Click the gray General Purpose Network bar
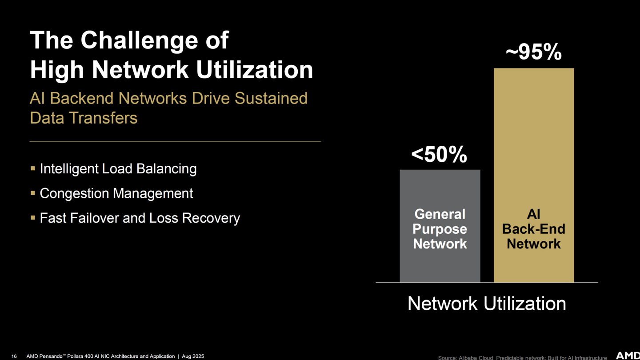pos(440,226)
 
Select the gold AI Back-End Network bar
pos(534,175)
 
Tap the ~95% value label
pos(533,52)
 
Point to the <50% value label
pos(439,155)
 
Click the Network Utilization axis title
pos(487,303)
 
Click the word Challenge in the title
pos(140,40)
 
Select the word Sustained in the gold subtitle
pos(271,98)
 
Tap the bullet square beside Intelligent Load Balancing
pos(33,168)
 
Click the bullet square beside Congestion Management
pos(33,193)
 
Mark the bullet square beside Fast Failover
pos(33,218)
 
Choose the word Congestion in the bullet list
pos(74,194)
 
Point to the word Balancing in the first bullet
pos(166,169)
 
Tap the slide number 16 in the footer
pos(14,356)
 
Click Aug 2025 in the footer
pos(193,356)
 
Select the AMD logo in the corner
pos(628,356)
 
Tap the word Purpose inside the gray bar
pos(440,229)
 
